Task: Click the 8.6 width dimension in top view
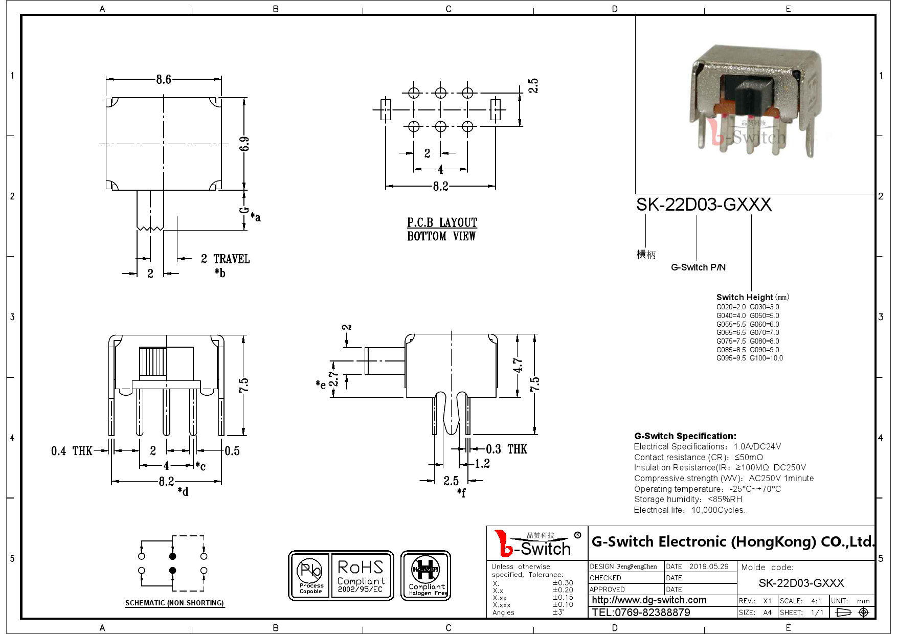[x=164, y=80]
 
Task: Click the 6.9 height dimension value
[x=244, y=144]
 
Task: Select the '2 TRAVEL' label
[x=225, y=259]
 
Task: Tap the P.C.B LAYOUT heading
[x=442, y=223]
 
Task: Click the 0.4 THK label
[x=72, y=451]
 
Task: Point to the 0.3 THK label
[x=506, y=449]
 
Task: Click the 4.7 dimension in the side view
[x=518, y=365]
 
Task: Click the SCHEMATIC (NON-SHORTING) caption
[x=174, y=603]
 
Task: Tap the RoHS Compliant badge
[x=361, y=576]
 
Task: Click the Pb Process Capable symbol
[x=310, y=576]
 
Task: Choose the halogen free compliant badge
[x=425, y=576]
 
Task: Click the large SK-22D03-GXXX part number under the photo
[x=703, y=205]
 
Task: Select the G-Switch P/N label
[x=698, y=267]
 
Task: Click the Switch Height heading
[x=745, y=298]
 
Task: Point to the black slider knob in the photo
[x=751, y=97]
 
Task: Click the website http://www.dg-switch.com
[x=649, y=600]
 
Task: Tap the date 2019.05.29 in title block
[x=709, y=567]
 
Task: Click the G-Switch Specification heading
[x=685, y=436]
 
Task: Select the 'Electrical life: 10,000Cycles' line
[x=689, y=510]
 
